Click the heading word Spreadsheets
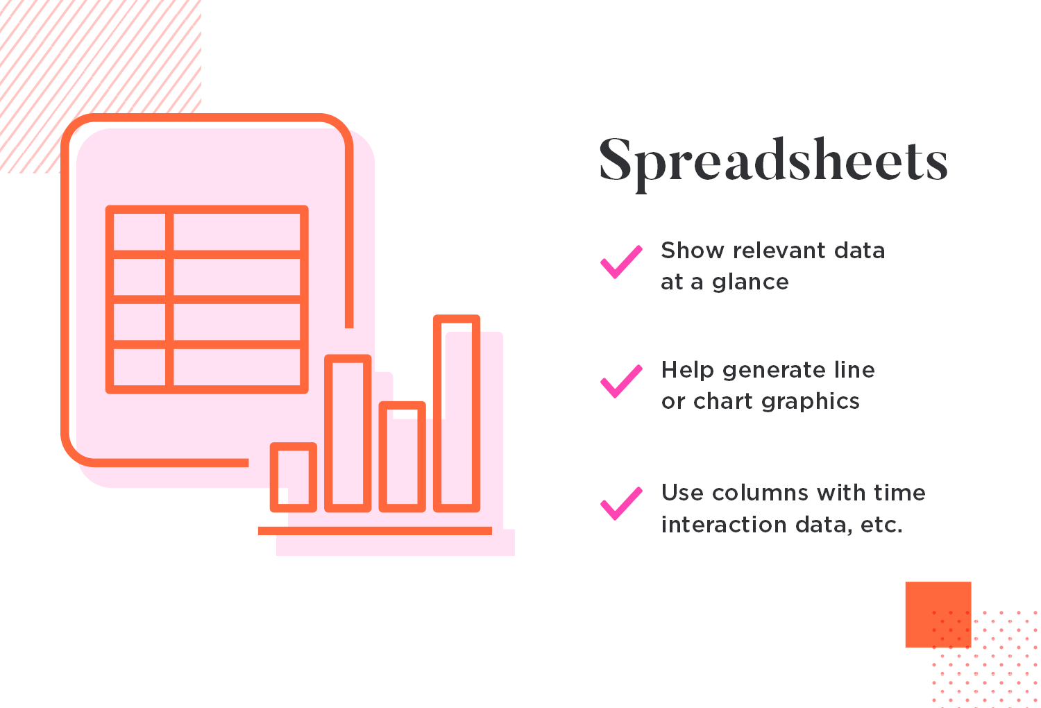pos(773,162)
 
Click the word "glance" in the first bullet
pos(750,283)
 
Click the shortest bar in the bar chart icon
pos(294,478)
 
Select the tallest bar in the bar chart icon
pos(457,413)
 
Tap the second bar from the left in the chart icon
pos(348,433)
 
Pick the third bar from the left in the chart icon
pos(402,457)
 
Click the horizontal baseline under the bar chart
pos(375,531)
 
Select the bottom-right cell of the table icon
pos(237,366)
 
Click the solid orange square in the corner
pos(938,614)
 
